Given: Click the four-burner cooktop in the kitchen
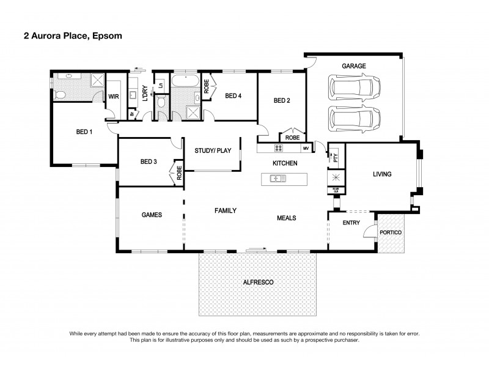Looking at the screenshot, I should pyautogui.click(x=278, y=148).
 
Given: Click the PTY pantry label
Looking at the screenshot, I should pyautogui.click(x=336, y=157).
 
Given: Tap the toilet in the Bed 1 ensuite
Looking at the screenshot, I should pyautogui.click(x=60, y=94).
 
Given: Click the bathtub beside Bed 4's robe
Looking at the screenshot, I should pyautogui.click(x=184, y=81).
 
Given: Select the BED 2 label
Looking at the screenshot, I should pyautogui.click(x=282, y=101).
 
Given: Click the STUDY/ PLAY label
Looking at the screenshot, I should pyautogui.click(x=213, y=150).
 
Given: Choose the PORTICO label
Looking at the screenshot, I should pyautogui.click(x=390, y=232).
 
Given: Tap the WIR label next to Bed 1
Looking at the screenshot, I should pyautogui.click(x=113, y=97).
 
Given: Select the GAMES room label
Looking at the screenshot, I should pyautogui.click(x=152, y=215).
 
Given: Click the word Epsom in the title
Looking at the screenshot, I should pyautogui.click(x=109, y=35).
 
